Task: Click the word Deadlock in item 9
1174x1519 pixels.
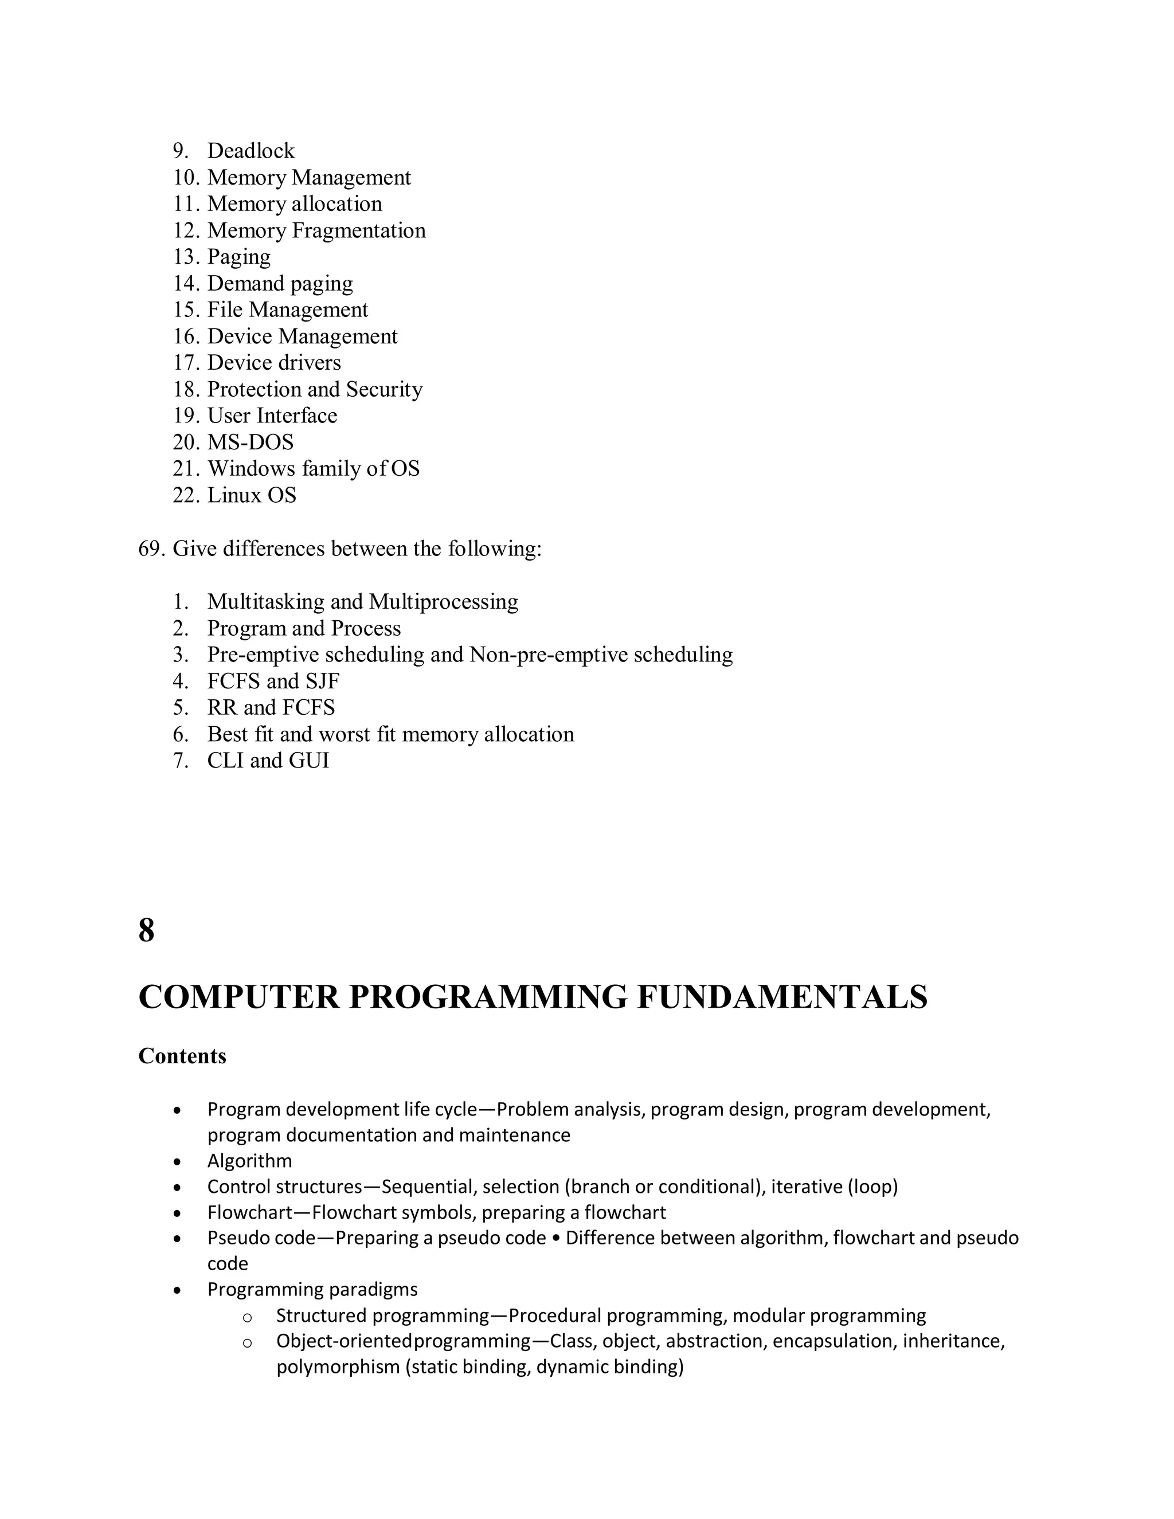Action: click(251, 151)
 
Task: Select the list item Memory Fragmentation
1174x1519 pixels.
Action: click(316, 230)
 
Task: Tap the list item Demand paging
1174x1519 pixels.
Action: click(280, 283)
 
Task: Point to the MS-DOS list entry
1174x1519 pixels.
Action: click(251, 443)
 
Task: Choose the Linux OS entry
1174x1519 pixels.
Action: click(251, 495)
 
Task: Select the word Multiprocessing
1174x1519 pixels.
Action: click(443, 602)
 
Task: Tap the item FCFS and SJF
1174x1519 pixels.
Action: click(273, 681)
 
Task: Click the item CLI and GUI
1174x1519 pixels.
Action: click(268, 760)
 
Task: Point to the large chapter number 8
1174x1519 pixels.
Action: click(146, 930)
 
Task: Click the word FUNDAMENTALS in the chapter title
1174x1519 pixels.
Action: click(782, 997)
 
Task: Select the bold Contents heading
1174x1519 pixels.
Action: click(182, 1056)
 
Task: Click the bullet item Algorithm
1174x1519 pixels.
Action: click(249, 1161)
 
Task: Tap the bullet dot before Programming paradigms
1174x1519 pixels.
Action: click(178, 1290)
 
